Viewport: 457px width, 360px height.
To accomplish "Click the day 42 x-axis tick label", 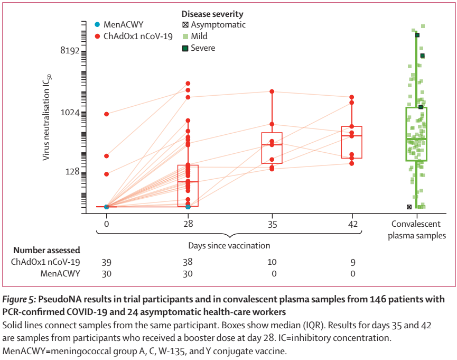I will pos(352,223).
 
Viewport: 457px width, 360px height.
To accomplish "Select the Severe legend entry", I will pos(203,48).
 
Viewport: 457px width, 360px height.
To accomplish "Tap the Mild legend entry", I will pos(199,36).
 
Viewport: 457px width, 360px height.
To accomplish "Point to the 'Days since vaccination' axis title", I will pos(229,245).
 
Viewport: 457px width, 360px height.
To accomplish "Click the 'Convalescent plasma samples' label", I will pos(417,230).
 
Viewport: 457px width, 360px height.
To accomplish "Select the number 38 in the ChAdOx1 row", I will pos(188,262).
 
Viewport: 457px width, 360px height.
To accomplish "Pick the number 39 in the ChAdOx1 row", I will pos(107,262).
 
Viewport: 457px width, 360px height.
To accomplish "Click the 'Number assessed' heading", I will pos(47,250).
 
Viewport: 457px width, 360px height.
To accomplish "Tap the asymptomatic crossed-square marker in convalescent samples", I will pos(409,207).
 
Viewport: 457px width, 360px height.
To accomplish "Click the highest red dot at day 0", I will pos(107,114).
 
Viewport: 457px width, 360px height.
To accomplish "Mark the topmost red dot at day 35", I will pos(272,91).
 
